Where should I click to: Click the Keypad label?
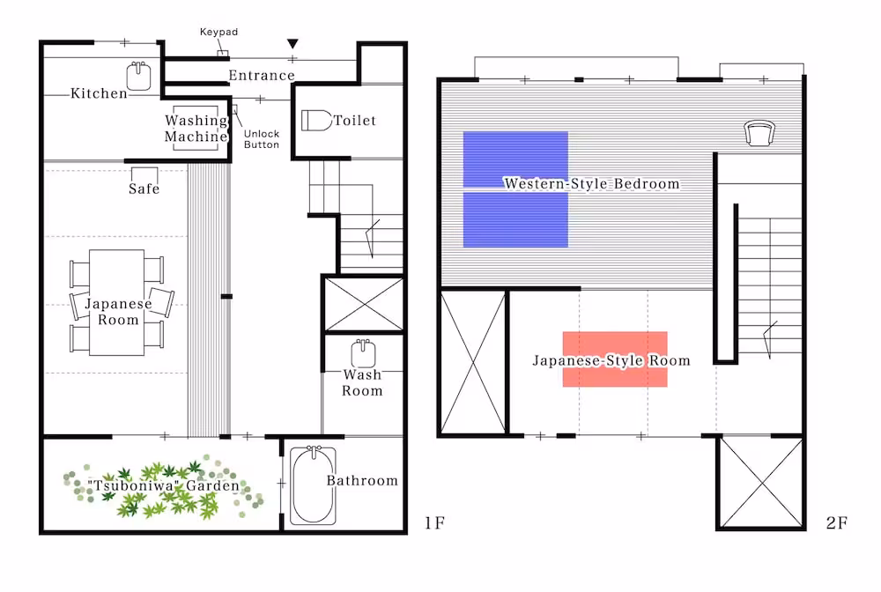[218, 32]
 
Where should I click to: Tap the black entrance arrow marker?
[292, 43]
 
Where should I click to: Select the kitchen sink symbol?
[138, 76]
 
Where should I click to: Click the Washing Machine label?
[196, 129]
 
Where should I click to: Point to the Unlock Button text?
[262, 138]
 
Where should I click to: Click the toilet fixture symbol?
[316, 120]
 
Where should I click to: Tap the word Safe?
[144, 189]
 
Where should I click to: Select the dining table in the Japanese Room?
[117, 302]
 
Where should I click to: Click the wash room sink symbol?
[363, 353]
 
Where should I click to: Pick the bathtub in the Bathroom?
[313, 485]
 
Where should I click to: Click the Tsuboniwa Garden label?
[164, 485]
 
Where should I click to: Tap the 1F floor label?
[434, 523]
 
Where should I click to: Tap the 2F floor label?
[837, 523]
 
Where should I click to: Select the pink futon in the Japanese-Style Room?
[615, 359]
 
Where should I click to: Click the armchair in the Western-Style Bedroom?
[759, 134]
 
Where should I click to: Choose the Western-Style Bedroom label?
[592, 183]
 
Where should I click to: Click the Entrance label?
[262, 75]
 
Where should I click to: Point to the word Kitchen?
[100, 93]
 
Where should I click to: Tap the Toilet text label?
[354, 120]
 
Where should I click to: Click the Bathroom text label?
[362, 481]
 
